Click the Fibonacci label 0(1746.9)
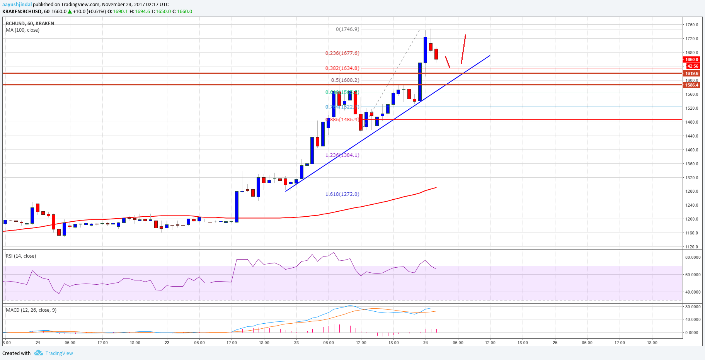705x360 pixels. pos(347,29)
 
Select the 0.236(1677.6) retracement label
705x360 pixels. pos(342,53)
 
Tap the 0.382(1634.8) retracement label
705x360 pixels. pos(342,68)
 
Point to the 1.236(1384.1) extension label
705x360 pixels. pos(342,155)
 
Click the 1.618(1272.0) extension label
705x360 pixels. pos(342,194)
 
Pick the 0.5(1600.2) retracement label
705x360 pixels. pos(345,80)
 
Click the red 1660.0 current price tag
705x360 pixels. pos(691,59)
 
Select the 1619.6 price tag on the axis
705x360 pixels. pos(691,73)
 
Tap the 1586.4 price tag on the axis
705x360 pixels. pos(691,85)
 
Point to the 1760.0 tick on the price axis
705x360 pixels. pos(691,25)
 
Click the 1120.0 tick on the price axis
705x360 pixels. pos(691,247)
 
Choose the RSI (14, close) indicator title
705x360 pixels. pos(21,256)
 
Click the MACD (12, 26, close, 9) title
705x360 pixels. pos(31,310)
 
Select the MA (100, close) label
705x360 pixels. pos(22,30)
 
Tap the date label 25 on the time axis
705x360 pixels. pos(555,343)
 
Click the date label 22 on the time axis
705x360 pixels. pos(167,343)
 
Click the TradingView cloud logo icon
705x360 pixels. pos(38,353)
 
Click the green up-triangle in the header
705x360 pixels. pos(70,12)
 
